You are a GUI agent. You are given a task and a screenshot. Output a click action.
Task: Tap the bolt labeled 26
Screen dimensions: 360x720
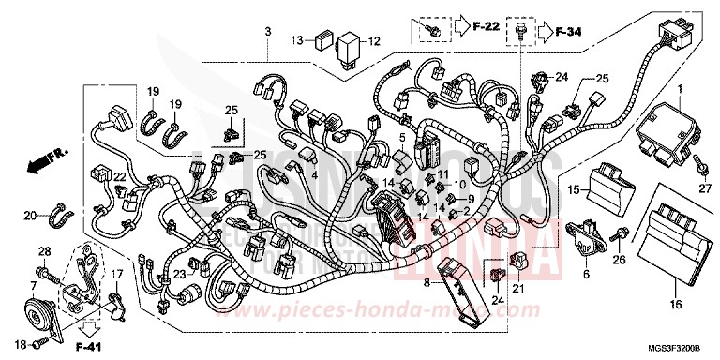[x=621, y=234]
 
